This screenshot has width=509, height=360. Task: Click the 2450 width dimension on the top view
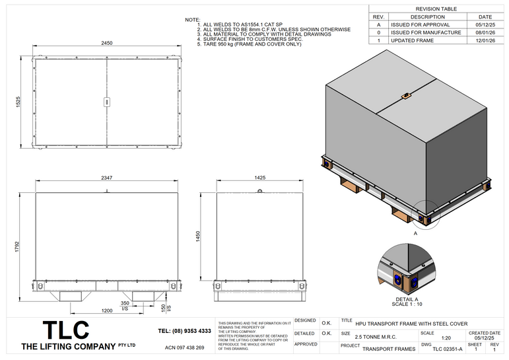click(107, 42)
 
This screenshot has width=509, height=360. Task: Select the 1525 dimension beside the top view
click(19, 102)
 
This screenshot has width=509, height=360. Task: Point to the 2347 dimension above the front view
click(107, 178)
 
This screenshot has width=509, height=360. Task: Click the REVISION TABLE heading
click(436, 9)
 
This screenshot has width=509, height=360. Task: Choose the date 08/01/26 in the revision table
click(485, 32)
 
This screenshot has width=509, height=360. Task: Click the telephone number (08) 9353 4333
click(185, 331)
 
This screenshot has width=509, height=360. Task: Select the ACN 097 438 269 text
click(184, 347)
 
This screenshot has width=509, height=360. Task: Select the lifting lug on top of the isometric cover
click(406, 97)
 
